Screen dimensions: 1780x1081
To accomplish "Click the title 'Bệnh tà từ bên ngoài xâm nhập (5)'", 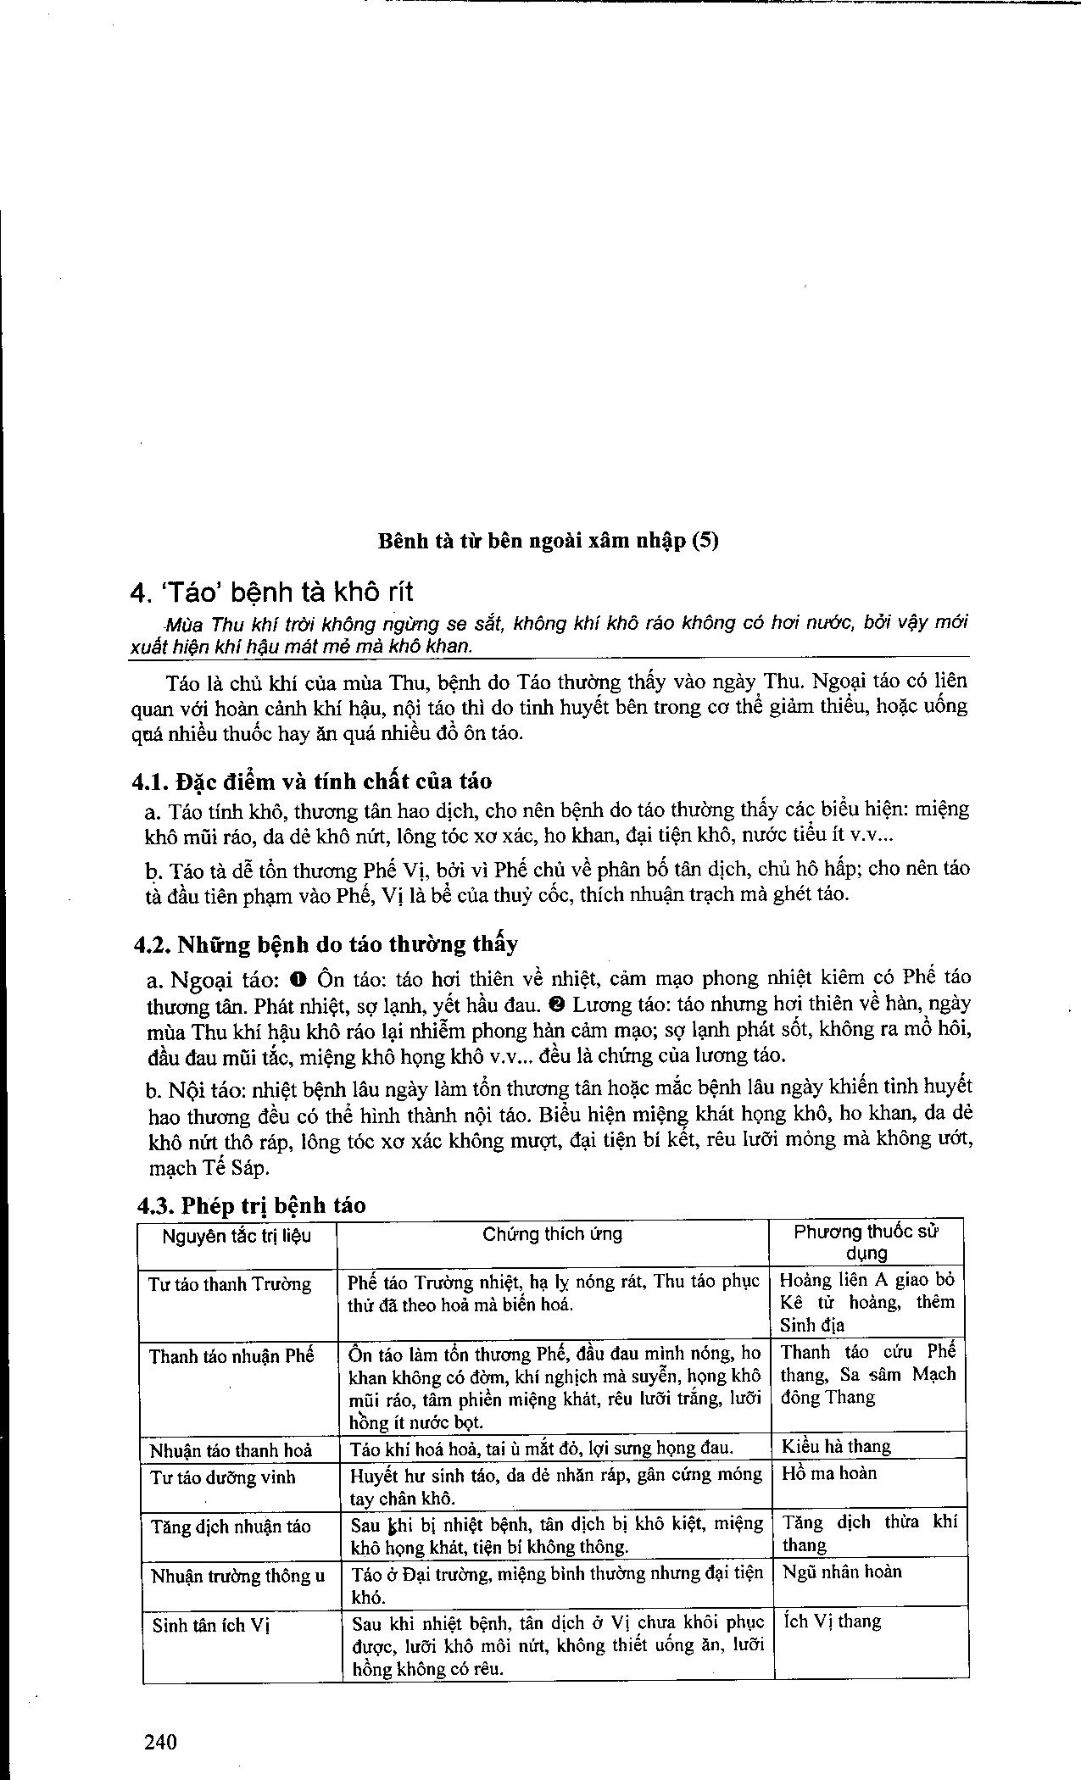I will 548,541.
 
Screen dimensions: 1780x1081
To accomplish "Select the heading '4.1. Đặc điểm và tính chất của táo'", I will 313,781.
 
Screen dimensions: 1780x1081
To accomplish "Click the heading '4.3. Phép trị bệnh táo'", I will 252,1205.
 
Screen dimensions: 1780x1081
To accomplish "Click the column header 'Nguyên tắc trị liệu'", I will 237,1236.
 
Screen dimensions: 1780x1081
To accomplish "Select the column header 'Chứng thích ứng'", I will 553,1234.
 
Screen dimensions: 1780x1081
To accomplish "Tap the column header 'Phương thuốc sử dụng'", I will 866,1243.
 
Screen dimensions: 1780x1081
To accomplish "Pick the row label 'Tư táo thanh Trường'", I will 230,1284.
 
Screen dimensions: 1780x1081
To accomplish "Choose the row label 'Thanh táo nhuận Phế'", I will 231,1356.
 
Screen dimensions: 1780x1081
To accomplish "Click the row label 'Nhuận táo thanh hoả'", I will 231,1450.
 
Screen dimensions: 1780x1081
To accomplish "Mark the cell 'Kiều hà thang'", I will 836,1446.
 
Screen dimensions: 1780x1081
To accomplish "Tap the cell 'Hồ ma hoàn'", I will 829,1473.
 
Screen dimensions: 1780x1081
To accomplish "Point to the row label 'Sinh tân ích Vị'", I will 210,1625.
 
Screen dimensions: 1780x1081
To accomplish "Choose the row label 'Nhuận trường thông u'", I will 237,1576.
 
